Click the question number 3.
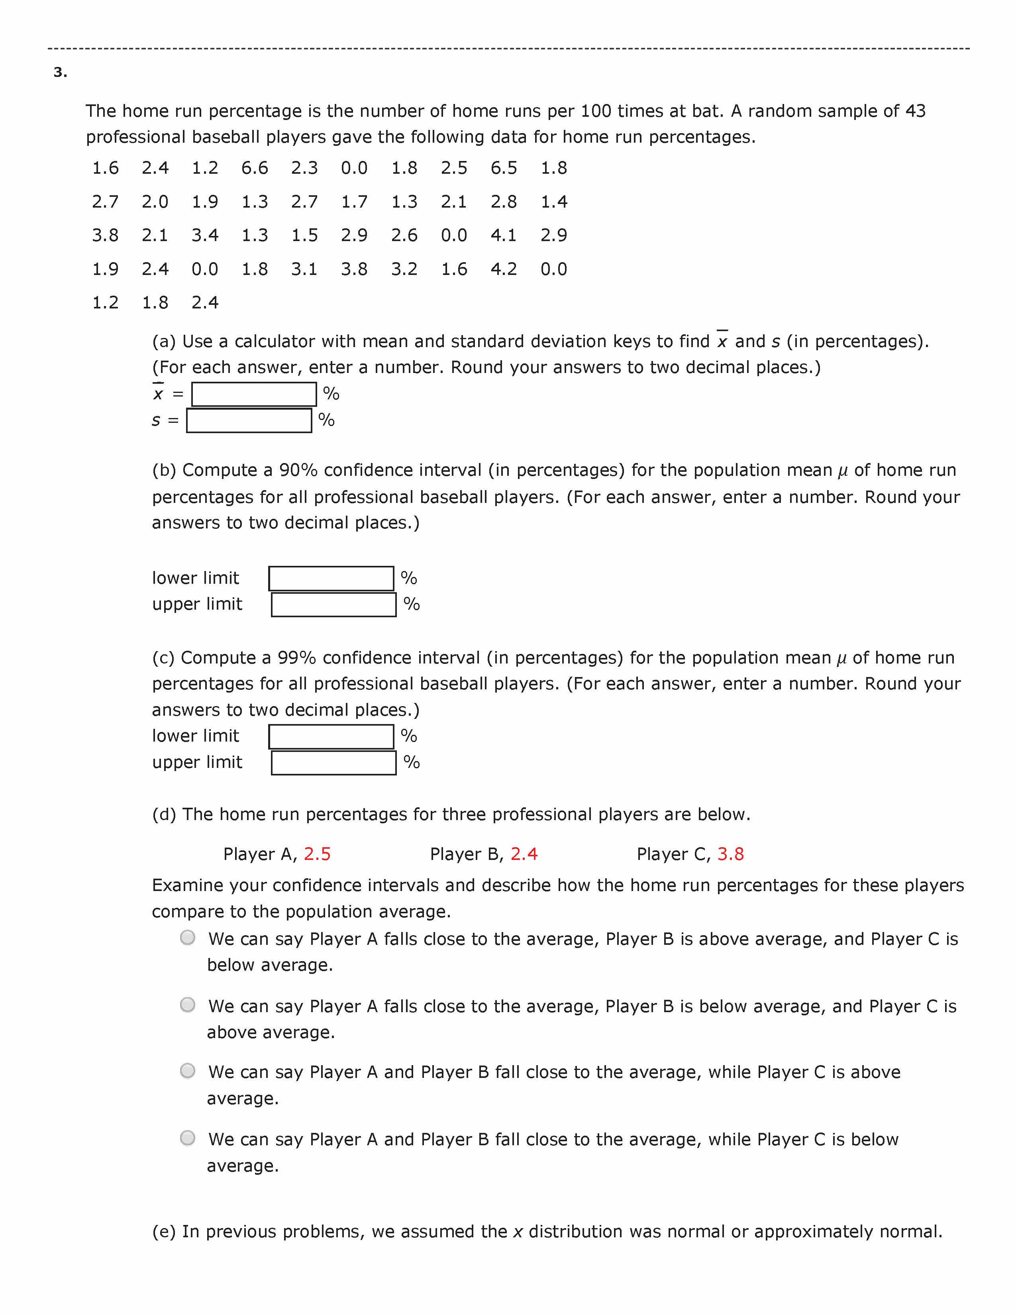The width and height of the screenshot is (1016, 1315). (x=60, y=73)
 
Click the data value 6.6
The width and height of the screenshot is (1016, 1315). (x=255, y=168)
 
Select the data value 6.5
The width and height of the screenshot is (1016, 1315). (x=504, y=168)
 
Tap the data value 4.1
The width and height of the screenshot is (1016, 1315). (x=504, y=236)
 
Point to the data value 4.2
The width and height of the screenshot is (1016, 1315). (x=504, y=269)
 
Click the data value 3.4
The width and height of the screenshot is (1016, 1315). (x=205, y=236)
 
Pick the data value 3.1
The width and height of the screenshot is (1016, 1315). (x=304, y=269)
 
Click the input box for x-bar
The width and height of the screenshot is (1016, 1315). (x=254, y=394)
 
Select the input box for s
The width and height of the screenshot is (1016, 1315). (x=249, y=421)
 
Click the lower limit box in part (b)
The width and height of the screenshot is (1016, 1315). (x=331, y=579)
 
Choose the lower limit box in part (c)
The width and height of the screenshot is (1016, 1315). (x=331, y=736)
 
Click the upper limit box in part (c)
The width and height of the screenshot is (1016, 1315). (x=333, y=763)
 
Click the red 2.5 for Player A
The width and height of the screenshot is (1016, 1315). (x=317, y=854)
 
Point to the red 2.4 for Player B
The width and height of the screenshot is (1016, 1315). (x=524, y=854)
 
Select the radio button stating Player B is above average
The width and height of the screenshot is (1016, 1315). (x=188, y=938)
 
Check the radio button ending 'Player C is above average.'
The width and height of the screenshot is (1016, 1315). (x=188, y=1071)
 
